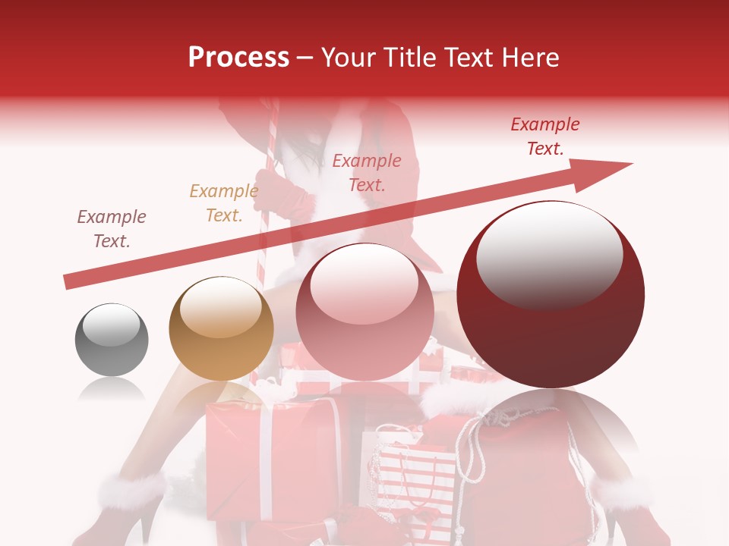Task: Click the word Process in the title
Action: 238,58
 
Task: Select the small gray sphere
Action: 112,339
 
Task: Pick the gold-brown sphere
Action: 221,328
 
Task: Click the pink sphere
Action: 364,312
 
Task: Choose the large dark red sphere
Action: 551,294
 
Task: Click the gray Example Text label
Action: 112,229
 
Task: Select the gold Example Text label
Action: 223,203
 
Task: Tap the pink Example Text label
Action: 367,172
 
